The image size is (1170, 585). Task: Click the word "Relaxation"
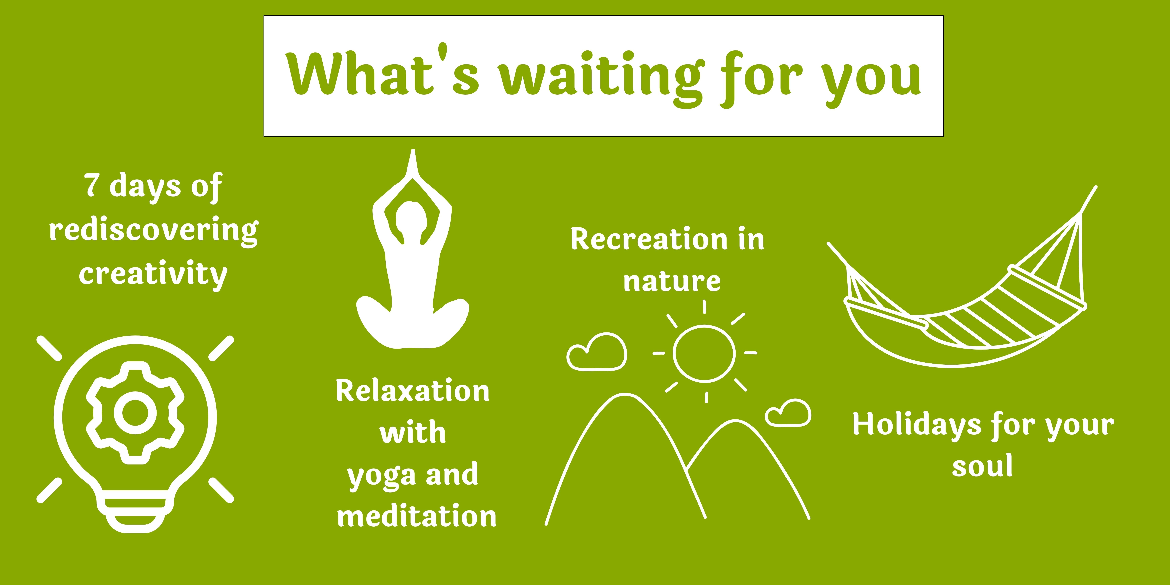pyautogui.click(x=412, y=391)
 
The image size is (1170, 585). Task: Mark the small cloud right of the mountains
pyautogui.click(x=788, y=413)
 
